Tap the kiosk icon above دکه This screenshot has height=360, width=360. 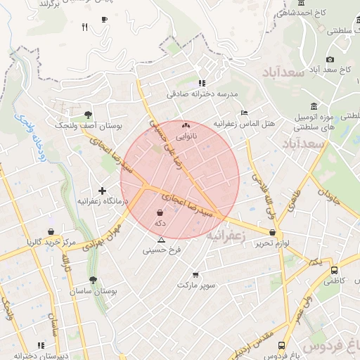coord(160,212)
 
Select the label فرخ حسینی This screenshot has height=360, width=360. coord(162,250)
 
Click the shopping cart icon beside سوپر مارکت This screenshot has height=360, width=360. coord(195,274)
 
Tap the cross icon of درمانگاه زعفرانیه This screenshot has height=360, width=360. coord(103,191)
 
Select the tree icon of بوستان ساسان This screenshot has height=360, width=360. coord(93,280)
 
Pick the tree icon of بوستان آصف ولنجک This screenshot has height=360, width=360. coord(88,115)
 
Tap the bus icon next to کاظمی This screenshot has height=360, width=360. coord(334,270)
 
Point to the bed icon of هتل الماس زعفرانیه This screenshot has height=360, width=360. coord(244,112)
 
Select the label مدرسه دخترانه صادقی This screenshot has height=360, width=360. coord(203,93)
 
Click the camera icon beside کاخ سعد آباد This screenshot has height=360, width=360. coord(330,60)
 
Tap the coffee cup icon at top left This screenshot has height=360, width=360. coord(105,19)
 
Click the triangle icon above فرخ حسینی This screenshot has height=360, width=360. coord(161,240)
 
